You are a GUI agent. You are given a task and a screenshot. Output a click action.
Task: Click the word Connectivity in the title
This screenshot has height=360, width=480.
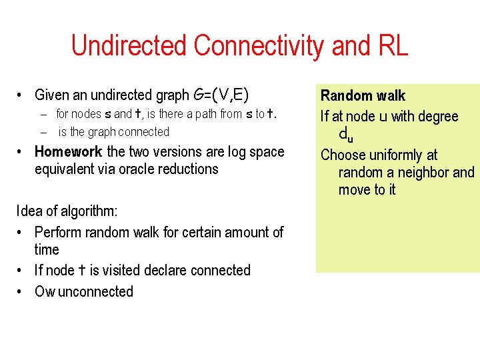(x=258, y=46)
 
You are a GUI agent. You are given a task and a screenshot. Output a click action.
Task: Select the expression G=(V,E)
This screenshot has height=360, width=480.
(x=221, y=95)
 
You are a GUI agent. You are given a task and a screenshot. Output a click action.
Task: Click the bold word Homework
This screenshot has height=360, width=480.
(x=68, y=151)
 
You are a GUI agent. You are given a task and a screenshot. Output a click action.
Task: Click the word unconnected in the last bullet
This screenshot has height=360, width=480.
(x=96, y=291)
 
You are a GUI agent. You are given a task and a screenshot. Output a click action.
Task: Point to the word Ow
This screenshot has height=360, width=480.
(x=45, y=291)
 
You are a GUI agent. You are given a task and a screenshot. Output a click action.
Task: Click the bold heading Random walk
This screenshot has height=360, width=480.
(x=363, y=96)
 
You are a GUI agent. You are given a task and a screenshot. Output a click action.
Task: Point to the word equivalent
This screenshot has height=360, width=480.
(x=65, y=169)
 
